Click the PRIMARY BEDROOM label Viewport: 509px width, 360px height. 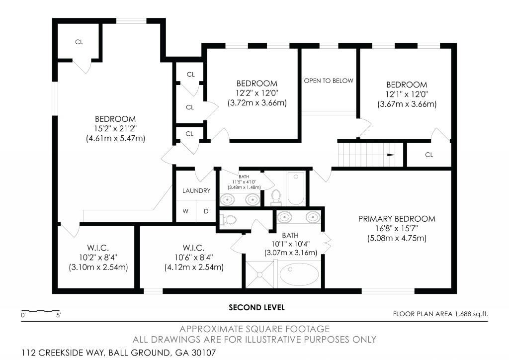[x=397, y=219]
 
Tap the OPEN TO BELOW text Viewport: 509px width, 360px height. [x=329, y=81]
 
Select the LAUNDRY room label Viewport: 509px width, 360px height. [x=196, y=191]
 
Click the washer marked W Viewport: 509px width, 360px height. [x=185, y=211]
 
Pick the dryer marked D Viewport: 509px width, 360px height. [x=206, y=211]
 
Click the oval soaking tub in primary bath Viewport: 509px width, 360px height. [x=299, y=273]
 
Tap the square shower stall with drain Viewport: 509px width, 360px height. [x=259, y=274]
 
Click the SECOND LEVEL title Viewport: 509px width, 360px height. [x=257, y=307]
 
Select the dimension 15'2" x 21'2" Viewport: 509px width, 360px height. [x=115, y=129]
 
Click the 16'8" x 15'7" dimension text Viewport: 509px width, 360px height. [x=397, y=229]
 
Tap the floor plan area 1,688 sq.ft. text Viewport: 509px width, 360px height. [x=440, y=314]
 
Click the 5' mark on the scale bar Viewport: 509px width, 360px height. [x=59, y=315]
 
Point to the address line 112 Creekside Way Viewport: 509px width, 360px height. [x=119, y=353]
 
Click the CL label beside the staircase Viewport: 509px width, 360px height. [x=429, y=155]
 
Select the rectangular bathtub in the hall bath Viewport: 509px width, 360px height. [x=296, y=188]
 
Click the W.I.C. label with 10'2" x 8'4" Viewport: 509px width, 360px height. [x=98, y=248]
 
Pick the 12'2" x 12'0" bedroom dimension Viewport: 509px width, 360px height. [x=257, y=93]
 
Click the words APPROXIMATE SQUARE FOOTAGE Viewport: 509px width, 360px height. [x=254, y=329]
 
